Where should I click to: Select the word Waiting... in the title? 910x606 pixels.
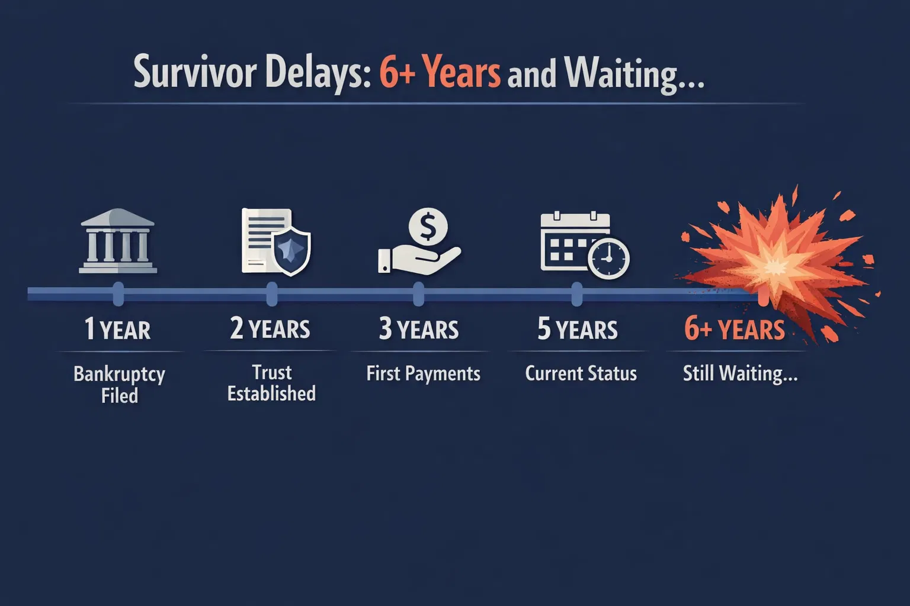click(x=634, y=75)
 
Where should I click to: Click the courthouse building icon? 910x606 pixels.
click(x=118, y=241)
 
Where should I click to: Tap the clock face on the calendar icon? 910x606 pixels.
click(x=608, y=259)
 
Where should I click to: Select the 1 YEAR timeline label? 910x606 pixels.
click(x=117, y=329)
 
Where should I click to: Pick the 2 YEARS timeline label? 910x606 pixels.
click(x=270, y=329)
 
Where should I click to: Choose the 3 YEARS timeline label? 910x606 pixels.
click(x=419, y=329)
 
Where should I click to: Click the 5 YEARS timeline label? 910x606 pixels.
click(x=578, y=329)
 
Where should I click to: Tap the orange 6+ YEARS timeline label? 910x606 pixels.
click(x=735, y=329)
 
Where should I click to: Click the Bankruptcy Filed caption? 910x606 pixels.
click(x=119, y=385)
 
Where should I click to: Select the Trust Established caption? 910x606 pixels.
click(x=271, y=383)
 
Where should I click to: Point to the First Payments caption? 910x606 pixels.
click(x=423, y=373)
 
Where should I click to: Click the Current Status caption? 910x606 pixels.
click(x=581, y=373)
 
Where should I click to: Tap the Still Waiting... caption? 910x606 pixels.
click(x=740, y=373)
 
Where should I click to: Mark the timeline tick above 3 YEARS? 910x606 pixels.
click(x=418, y=294)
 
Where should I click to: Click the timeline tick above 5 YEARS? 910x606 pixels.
click(x=576, y=294)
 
